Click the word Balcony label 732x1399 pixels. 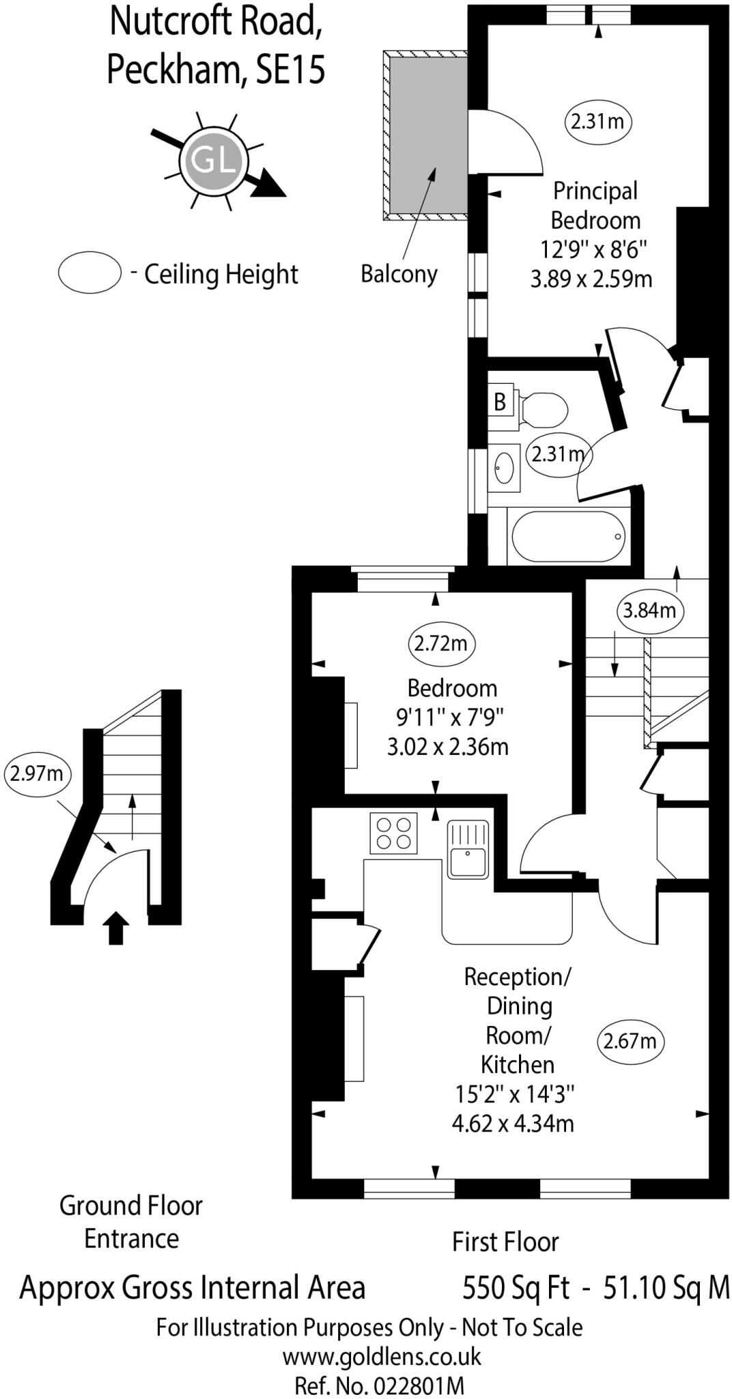click(x=399, y=274)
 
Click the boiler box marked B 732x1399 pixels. click(x=500, y=402)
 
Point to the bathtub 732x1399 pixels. click(x=568, y=536)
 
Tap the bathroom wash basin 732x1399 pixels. click(x=504, y=468)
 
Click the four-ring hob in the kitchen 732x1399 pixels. click(x=393, y=832)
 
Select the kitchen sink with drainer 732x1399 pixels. click(x=468, y=849)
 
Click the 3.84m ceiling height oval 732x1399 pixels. click(x=649, y=610)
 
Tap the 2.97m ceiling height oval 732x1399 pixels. click(x=37, y=774)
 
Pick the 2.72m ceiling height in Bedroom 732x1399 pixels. click(x=441, y=643)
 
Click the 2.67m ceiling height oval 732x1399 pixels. click(x=630, y=1041)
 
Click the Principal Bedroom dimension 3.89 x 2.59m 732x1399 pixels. click(x=591, y=279)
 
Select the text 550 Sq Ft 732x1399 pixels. click(x=516, y=1288)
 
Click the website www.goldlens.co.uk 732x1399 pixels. click(x=381, y=1356)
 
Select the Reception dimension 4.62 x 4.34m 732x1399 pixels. click(x=513, y=1123)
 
